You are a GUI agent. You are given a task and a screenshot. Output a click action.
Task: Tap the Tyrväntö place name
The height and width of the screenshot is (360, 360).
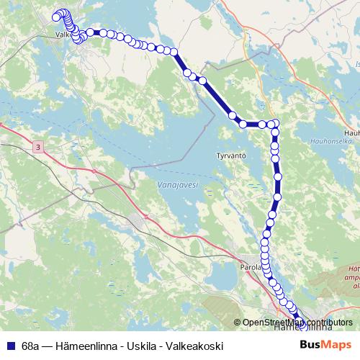pos(232,155)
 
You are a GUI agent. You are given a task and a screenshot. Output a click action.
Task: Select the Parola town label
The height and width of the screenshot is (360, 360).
pos(250,266)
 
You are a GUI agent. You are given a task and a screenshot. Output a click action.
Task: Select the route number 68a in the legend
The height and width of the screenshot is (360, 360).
pos(32,346)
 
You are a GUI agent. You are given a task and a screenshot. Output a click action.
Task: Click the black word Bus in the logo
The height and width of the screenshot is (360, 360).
pos(311,346)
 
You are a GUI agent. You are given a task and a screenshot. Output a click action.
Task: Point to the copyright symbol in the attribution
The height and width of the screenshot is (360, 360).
pos(238,323)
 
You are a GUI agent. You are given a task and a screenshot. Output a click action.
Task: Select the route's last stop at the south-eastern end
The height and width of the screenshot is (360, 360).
pos(302,321)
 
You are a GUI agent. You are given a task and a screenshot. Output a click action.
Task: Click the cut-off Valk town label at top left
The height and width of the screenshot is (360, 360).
pos(65,33)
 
